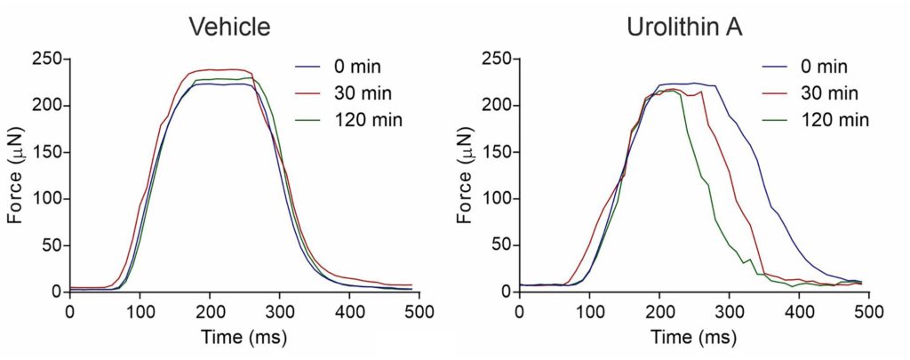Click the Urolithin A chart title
click(x=684, y=28)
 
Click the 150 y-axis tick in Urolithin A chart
click(x=497, y=153)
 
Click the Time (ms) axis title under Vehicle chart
click(x=244, y=338)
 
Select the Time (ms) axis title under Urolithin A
click(x=694, y=338)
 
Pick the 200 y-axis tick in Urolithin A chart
click(x=497, y=107)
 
